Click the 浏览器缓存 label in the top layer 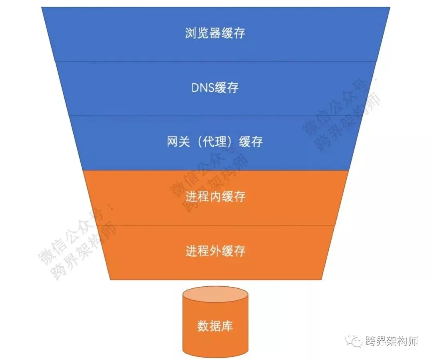click(215, 33)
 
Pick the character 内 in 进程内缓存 click(215, 197)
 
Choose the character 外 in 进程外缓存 click(215, 251)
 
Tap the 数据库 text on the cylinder click(215, 326)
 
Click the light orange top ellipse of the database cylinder click(215, 295)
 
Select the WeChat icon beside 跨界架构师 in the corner click(354, 341)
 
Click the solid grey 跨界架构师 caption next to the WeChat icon click(392, 341)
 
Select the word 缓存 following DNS click(227, 88)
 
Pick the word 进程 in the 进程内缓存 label click(197, 197)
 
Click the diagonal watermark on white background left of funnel click(76, 244)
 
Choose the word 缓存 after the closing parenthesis click(250, 142)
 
